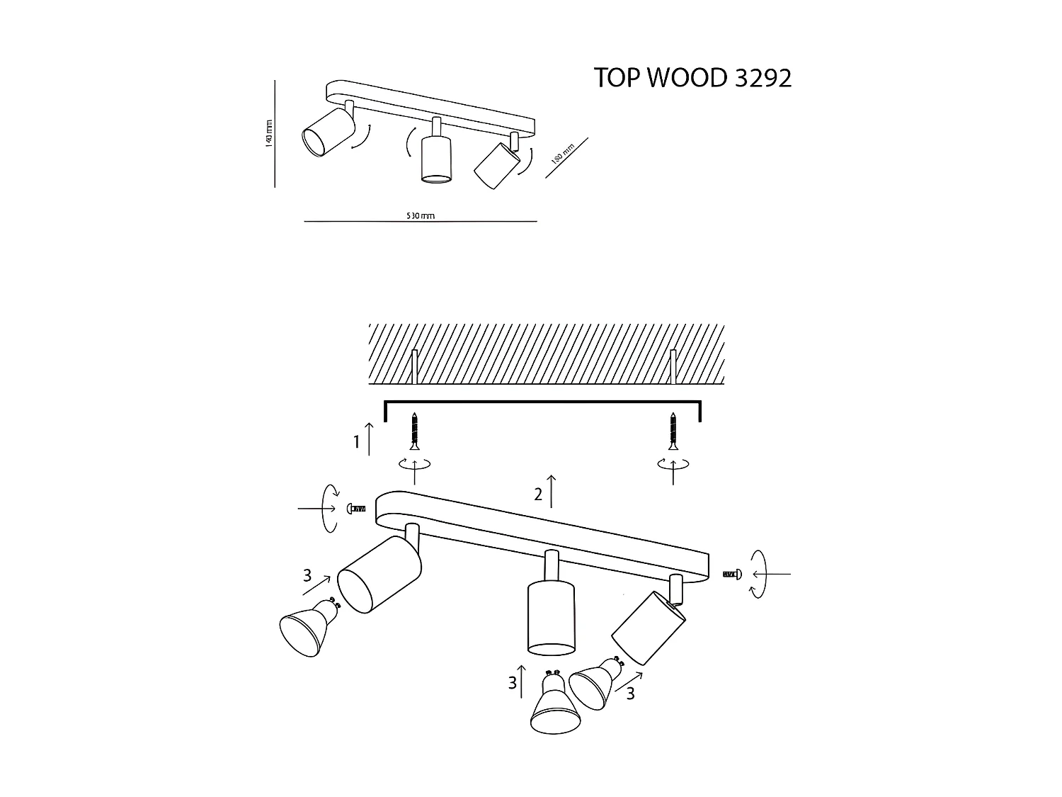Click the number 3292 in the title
tap(763, 78)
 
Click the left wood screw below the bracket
tap(414, 430)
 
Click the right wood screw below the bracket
tap(673, 430)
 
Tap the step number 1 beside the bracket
tap(358, 443)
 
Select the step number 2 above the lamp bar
tap(538, 495)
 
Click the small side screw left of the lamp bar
tap(356, 509)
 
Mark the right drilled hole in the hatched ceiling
tap(674, 366)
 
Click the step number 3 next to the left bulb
tap(307, 576)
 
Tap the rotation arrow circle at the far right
tap(758, 574)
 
